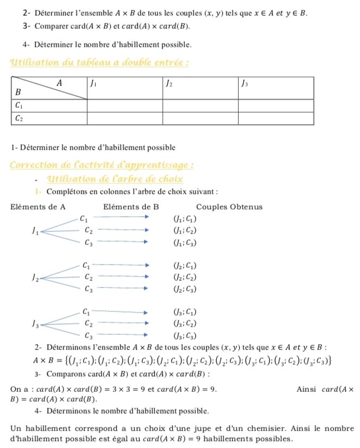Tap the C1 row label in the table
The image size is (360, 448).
pos(18,105)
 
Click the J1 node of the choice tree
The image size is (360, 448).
pos(35,231)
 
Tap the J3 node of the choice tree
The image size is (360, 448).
pos(35,324)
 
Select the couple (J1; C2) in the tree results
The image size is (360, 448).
pos(184,231)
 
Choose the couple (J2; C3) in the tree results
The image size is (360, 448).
pos(184,289)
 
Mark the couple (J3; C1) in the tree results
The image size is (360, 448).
pos(184,312)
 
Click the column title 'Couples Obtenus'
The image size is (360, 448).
pos(229,207)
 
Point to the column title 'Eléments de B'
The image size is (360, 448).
pos(131,207)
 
